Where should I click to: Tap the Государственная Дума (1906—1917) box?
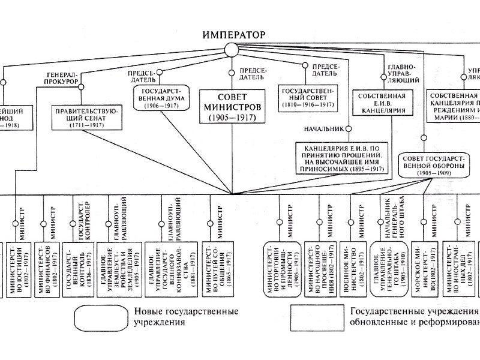click(x=159, y=97)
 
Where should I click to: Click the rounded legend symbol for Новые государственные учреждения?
click(x=100, y=316)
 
